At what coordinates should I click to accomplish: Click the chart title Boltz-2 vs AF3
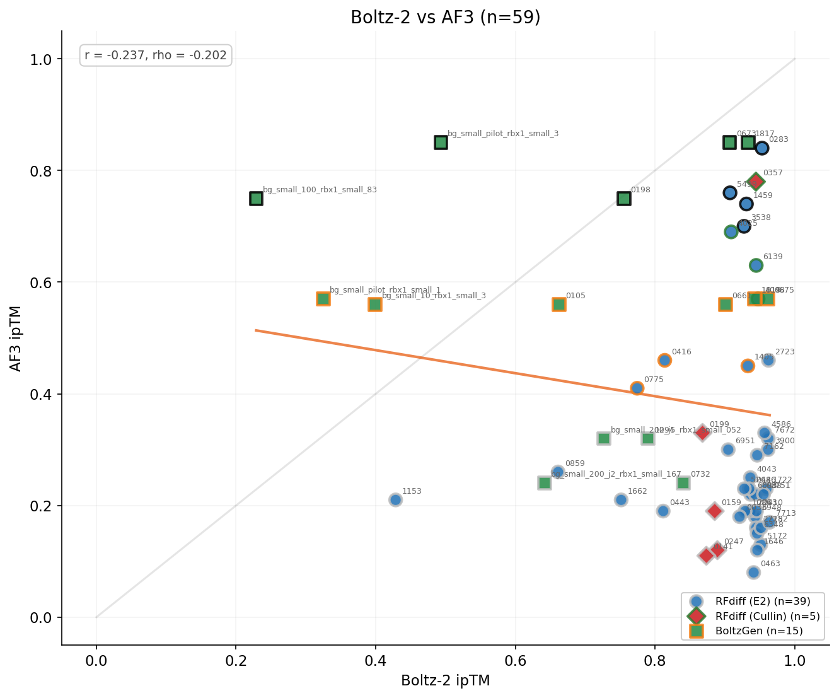(445, 17)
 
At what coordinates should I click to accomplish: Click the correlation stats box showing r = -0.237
(156, 55)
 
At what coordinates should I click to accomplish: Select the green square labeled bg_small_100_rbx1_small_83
(256, 199)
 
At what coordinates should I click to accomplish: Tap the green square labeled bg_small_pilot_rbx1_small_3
(441, 143)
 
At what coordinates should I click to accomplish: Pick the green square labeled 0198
(623, 199)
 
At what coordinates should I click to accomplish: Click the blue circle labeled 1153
(395, 500)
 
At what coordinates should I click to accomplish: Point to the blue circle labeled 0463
(753, 573)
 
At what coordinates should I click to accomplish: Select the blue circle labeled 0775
(637, 388)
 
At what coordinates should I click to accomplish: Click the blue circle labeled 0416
(664, 360)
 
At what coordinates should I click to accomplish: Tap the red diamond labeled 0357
(756, 182)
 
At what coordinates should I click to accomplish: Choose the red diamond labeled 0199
(702, 433)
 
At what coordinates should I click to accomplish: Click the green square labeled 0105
(558, 305)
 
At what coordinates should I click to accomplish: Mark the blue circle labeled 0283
(761, 148)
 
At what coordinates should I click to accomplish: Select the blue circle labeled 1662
(621, 500)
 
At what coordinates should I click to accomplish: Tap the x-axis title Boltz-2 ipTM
(445, 681)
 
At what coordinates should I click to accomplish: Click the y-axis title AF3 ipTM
(16, 338)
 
